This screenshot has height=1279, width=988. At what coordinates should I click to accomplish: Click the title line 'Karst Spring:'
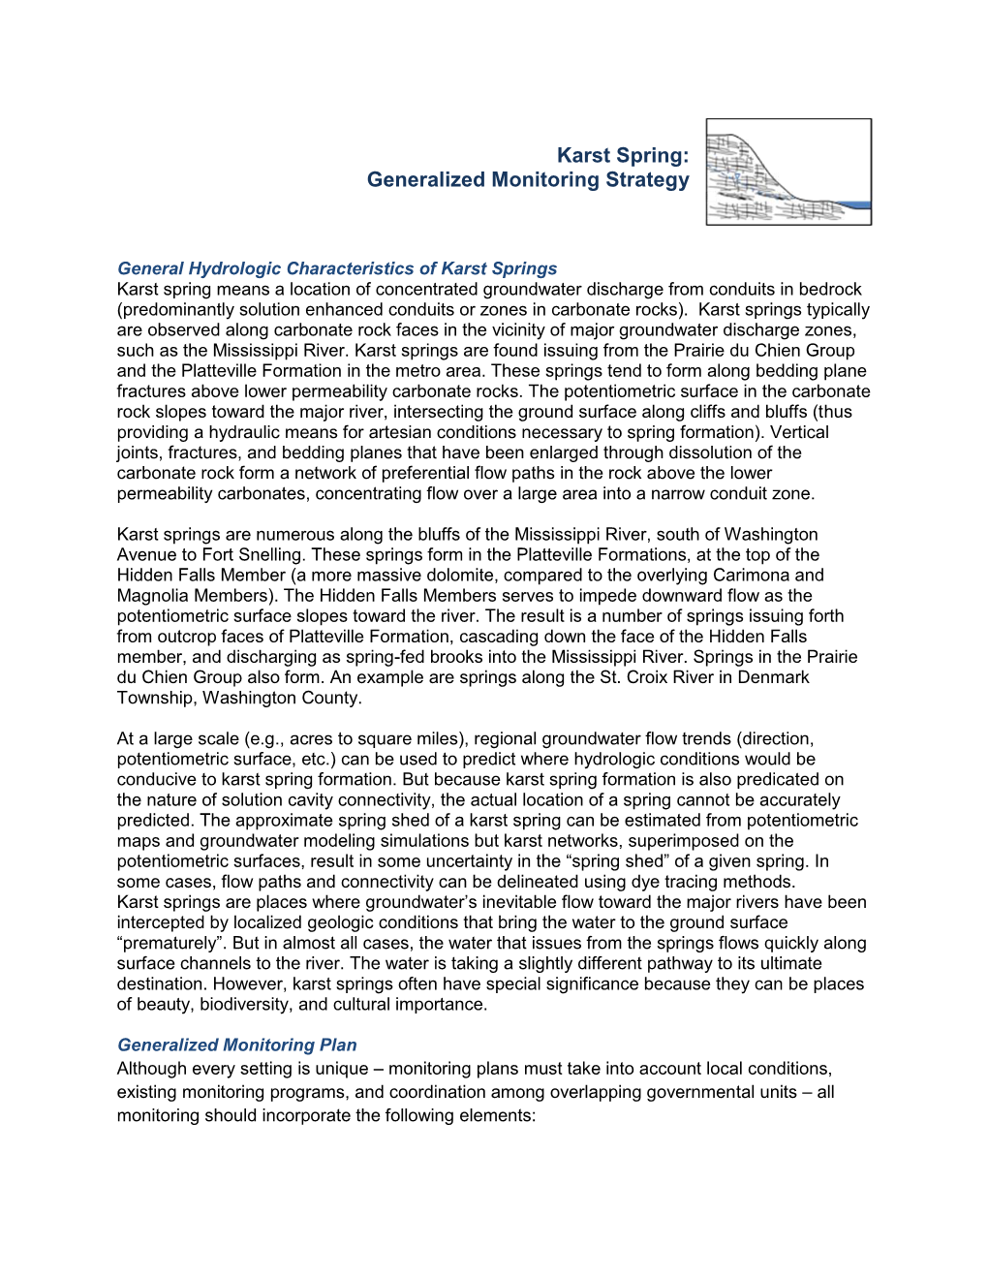point(623,155)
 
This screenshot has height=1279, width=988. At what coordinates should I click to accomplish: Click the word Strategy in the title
point(647,180)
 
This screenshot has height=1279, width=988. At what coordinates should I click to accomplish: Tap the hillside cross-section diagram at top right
point(788,172)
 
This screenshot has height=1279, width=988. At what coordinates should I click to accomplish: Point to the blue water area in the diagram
point(852,205)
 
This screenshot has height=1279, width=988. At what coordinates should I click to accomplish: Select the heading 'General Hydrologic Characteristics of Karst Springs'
point(337,268)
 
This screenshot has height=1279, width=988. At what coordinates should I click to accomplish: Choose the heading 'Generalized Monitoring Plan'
point(236,1045)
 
